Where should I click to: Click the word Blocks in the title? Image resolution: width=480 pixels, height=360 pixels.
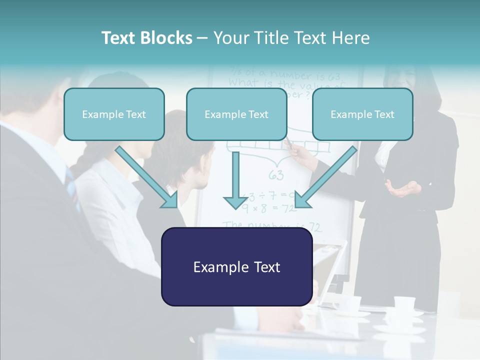pos(165,38)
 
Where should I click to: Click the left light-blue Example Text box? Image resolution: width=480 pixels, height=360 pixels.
pos(114,114)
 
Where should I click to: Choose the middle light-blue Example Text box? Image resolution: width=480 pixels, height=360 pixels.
pos(236,114)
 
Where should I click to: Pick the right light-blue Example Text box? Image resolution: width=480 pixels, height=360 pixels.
pos(362,114)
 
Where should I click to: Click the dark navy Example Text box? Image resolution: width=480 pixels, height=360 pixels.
pos(236,267)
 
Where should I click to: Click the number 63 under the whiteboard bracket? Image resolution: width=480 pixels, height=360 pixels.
pos(275,175)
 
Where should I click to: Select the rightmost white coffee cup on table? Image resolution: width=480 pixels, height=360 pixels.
pos(404,302)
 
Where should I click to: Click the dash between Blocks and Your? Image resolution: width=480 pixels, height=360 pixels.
pos(202,38)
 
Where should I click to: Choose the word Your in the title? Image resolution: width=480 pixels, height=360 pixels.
pos(231,38)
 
